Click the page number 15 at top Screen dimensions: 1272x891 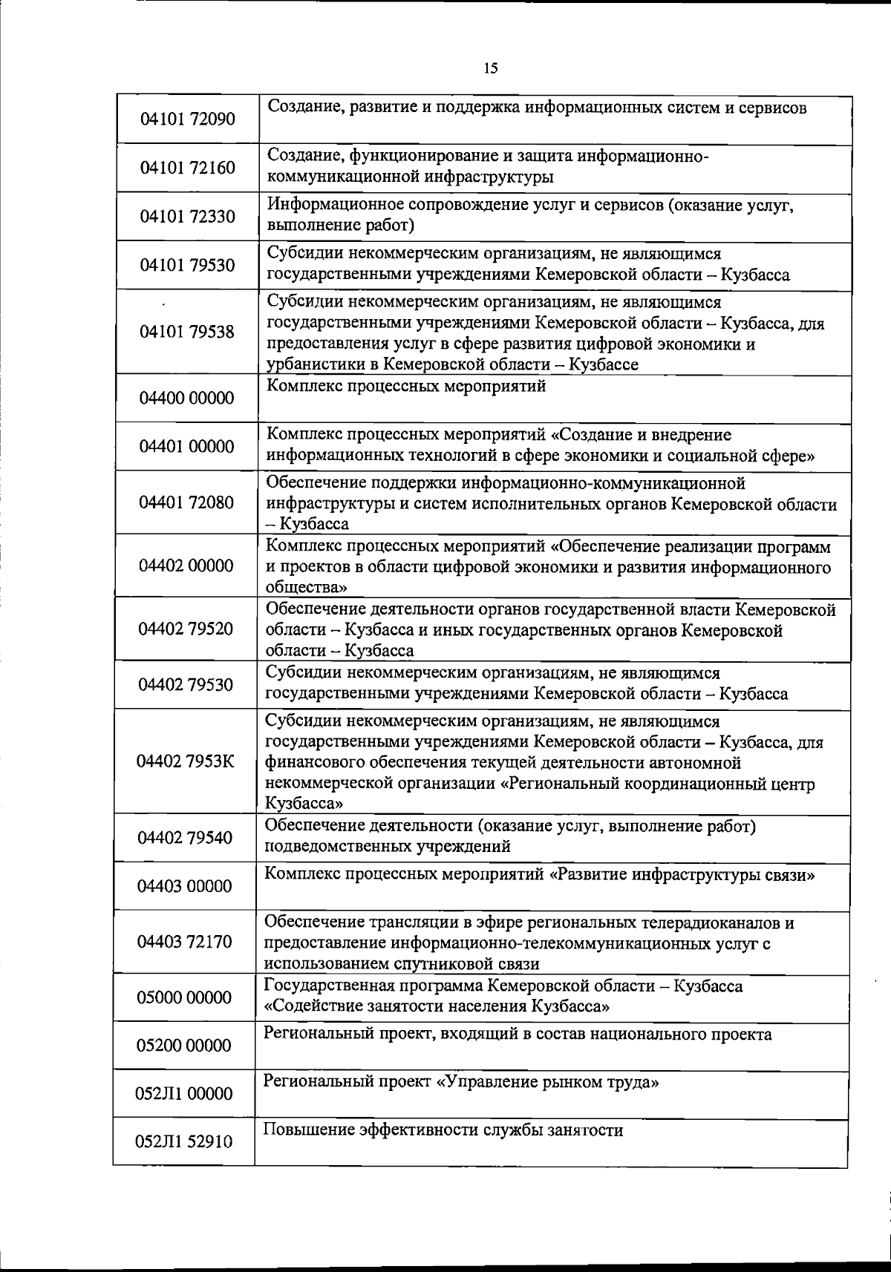[x=491, y=69]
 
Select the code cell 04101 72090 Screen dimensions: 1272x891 [x=188, y=119]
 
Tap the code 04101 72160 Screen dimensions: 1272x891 [x=188, y=168]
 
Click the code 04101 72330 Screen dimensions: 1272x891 [x=188, y=217]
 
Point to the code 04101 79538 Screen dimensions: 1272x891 [x=188, y=332]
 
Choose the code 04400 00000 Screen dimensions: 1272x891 [x=187, y=398]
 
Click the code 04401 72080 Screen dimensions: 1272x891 [x=186, y=502]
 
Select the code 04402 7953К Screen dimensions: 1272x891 [x=186, y=761]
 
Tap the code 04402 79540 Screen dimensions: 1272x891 [x=186, y=838]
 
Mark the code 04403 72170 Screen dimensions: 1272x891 [x=185, y=942]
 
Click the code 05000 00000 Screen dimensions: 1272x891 [x=185, y=997]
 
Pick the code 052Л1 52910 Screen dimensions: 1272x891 [x=184, y=1141]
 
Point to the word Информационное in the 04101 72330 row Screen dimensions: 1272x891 [x=324, y=205]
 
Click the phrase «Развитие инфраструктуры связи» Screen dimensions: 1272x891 [x=682, y=874]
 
